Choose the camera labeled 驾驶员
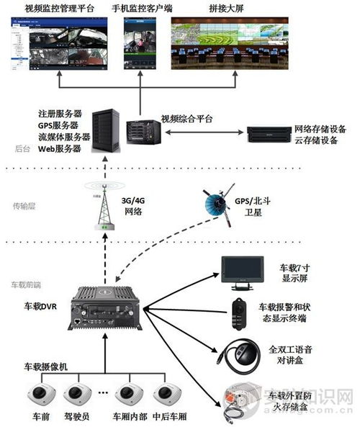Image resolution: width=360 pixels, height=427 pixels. click(76, 395)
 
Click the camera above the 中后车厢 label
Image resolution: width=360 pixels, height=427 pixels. click(168, 395)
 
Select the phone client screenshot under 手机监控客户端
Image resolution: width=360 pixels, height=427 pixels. click(140, 44)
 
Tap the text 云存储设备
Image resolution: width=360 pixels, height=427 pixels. click(316, 140)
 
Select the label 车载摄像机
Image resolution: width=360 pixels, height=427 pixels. click(45, 367)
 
